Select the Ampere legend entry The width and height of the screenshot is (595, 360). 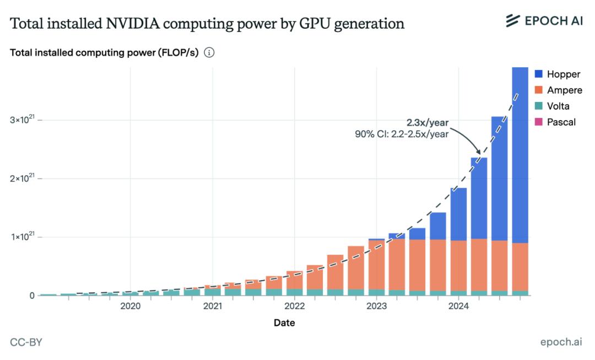558,90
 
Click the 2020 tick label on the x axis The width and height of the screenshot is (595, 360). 130,306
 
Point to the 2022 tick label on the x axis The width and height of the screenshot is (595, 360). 295,306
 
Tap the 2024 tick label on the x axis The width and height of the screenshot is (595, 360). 459,306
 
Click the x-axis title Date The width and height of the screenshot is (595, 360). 284,323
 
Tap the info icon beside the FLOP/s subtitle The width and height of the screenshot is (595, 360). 209,53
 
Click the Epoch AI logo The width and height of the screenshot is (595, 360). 544,22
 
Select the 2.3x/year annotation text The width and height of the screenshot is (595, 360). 427,122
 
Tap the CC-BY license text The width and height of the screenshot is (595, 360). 26,342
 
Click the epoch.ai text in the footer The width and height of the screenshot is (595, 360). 561,342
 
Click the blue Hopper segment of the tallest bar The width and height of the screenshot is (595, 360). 521,154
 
